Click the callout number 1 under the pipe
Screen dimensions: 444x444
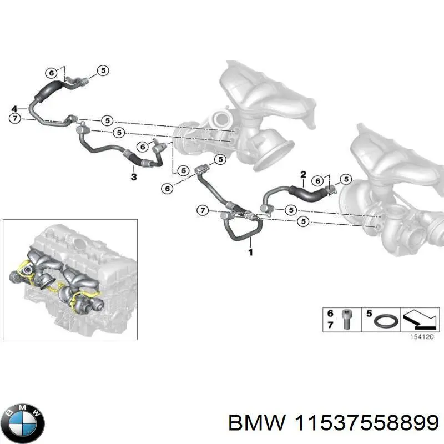(250, 253)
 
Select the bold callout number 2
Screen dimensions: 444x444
(303, 175)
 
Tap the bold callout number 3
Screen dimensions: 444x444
(133, 176)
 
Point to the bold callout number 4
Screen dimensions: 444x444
(15, 108)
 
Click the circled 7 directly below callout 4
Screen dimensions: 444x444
(15, 118)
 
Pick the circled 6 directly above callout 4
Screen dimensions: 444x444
(51, 73)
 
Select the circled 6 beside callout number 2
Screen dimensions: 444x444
(317, 181)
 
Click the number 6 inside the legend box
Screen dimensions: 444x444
(331, 314)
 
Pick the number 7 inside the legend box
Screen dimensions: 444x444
(331, 325)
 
